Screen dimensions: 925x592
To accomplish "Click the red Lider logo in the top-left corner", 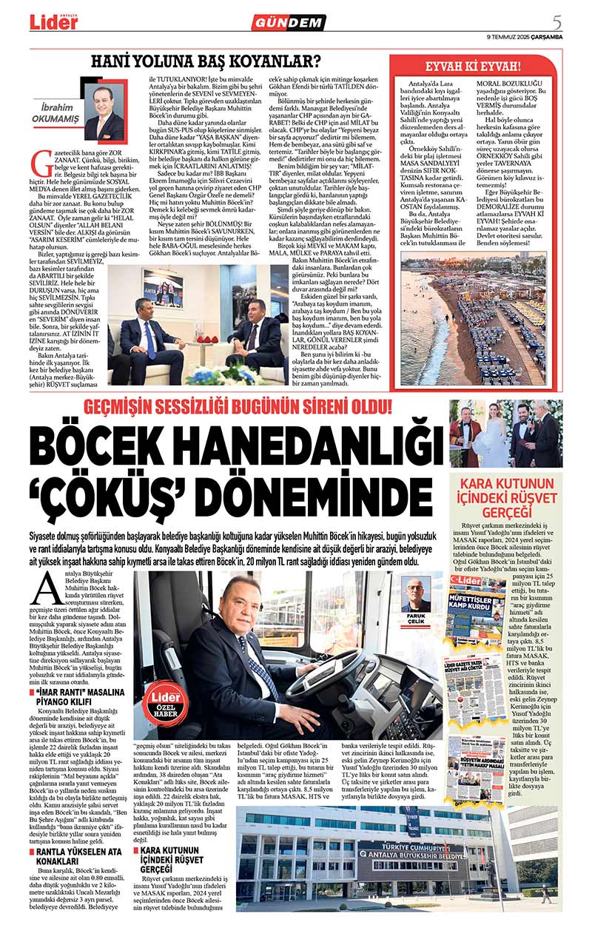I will [53, 22].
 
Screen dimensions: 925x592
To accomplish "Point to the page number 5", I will [556, 20].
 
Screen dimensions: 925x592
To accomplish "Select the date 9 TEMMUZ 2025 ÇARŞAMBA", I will [525, 36].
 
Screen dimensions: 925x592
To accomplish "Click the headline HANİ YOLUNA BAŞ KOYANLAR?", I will [221, 63].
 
